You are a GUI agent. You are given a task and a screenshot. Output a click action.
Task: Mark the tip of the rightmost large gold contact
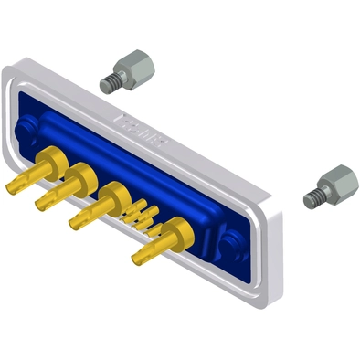tap(137, 259)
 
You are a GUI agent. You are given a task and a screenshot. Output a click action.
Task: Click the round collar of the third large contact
tap(114, 196)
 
